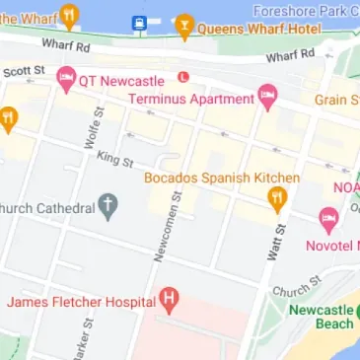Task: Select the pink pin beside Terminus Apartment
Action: [267, 96]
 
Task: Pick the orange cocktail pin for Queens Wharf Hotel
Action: [183, 25]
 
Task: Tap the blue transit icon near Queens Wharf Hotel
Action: [139, 23]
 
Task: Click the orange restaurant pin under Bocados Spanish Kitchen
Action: [277, 199]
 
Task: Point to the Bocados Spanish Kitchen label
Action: [221, 178]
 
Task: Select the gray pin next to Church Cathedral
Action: [108, 207]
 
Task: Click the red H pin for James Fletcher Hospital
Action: [169, 298]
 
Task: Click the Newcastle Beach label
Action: [322, 317]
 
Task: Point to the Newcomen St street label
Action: [163, 226]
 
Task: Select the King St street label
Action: [114, 158]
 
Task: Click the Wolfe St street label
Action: [95, 131]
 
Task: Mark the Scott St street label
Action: [24, 70]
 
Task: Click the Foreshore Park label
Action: [318, 11]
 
